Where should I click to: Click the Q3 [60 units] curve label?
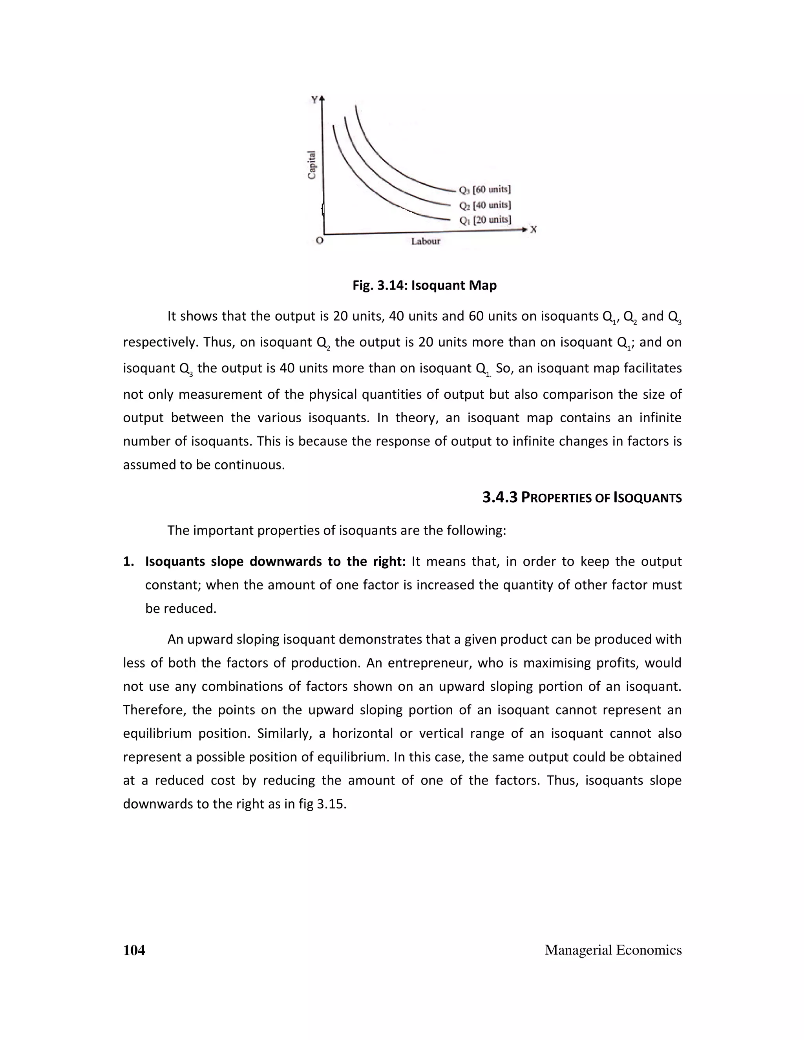[484, 190]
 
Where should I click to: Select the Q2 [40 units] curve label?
[485, 205]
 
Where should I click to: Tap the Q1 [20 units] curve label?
[485, 220]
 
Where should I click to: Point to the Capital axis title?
[311, 165]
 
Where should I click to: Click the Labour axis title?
[425, 241]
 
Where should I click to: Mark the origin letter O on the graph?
[320, 241]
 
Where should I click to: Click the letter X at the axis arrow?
[534, 230]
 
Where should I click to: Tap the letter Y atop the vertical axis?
[314, 100]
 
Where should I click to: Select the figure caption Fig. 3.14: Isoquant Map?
[424, 285]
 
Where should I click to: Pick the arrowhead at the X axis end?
[525, 230]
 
